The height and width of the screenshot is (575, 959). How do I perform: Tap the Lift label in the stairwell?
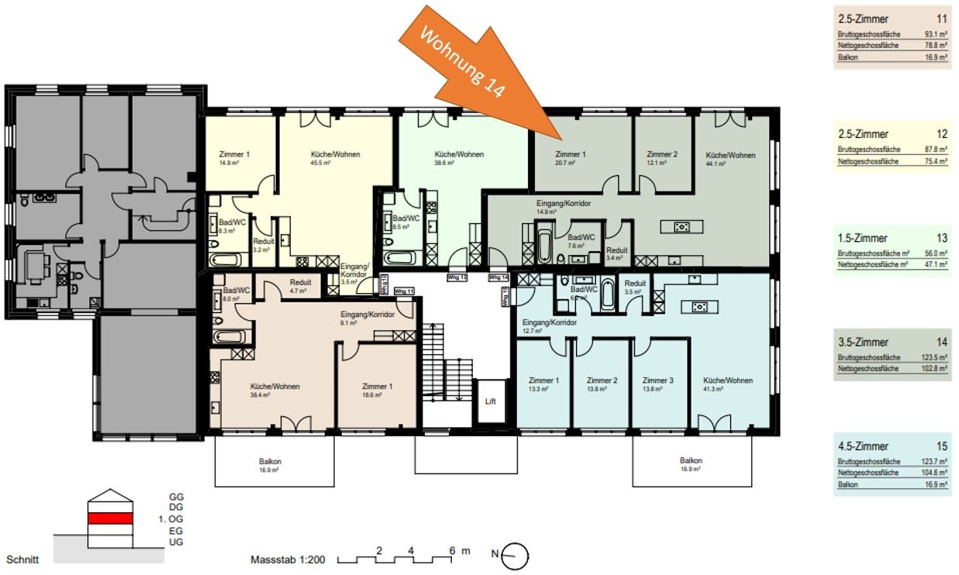click(x=490, y=401)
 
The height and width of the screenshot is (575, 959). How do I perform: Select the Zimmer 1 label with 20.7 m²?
click(x=570, y=154)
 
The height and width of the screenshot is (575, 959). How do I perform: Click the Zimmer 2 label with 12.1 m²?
click(x=662, y=154)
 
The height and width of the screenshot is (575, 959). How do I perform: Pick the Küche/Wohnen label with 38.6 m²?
click(x=458, y=154)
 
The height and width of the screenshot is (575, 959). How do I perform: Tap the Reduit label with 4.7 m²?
click(x=300, y=283)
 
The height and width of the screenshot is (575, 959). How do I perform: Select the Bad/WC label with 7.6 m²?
click(x=581, y=238)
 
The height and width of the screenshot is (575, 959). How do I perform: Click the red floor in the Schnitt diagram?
click(x=109, y=518)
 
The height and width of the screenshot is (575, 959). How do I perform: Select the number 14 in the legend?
click(x=942, y=343)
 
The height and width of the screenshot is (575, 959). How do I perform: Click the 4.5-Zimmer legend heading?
click(x=863, y=446)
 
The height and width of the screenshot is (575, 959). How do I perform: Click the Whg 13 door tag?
click(x=457, y=277)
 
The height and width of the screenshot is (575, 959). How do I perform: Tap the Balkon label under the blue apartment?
click(x=691, y=460)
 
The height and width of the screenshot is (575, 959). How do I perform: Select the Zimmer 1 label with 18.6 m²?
click(x=378, y=386)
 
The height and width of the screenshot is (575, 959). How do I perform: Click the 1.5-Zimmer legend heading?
click(x=862, y=238)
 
